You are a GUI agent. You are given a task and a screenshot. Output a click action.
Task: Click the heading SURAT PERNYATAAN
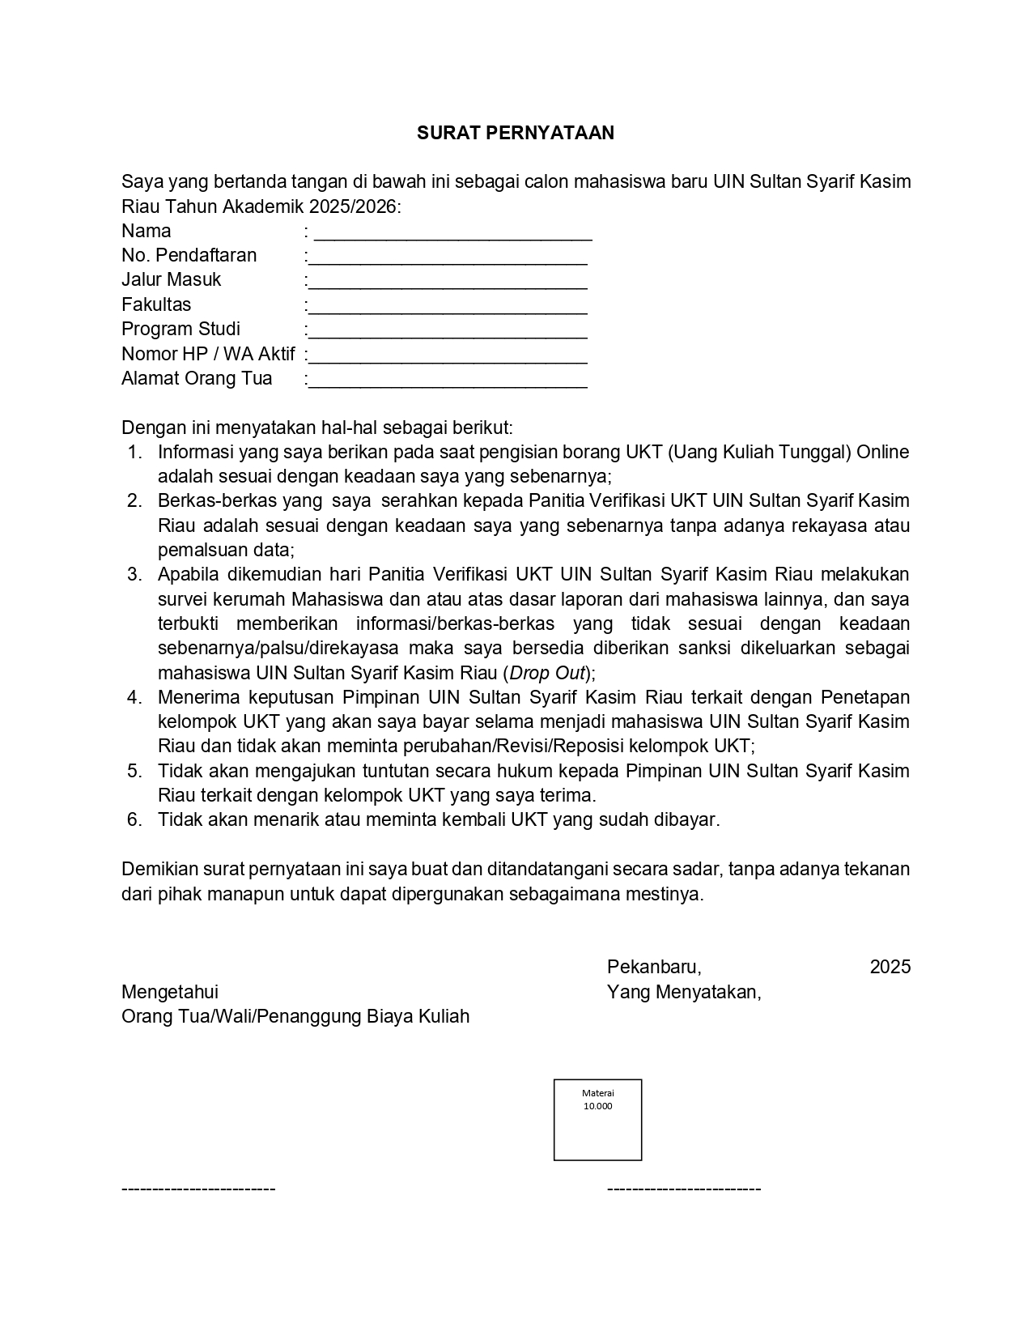point(516,133)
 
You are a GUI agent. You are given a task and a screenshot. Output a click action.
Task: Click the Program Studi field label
point(180,329)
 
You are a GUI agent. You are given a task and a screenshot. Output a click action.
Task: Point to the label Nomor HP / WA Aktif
point(208,354)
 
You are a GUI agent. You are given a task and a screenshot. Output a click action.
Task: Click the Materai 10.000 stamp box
point(597,1119)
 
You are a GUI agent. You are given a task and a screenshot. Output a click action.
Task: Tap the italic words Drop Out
point(546,673)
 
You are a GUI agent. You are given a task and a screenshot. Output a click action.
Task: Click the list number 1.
point(134,452)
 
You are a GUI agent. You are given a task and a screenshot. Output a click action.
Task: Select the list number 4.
point(134,697)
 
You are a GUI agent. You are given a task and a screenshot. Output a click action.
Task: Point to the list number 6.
point(134,819)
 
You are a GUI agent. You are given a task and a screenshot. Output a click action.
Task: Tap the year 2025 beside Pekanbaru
point(890,967)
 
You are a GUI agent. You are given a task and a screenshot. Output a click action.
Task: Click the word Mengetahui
point(170,992)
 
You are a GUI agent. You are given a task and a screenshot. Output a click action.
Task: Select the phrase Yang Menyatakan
point(684,992)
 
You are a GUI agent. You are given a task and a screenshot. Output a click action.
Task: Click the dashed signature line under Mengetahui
point(198,1189)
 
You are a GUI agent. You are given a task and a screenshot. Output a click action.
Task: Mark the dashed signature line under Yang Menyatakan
point(684,1189)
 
